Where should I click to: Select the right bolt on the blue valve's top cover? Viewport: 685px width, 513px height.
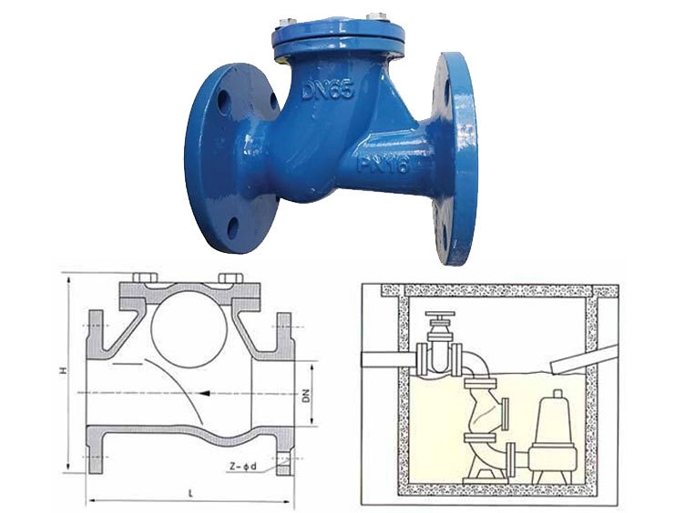click(x=374, y=16)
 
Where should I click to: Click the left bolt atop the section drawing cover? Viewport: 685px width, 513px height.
click(x=141, y=277)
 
